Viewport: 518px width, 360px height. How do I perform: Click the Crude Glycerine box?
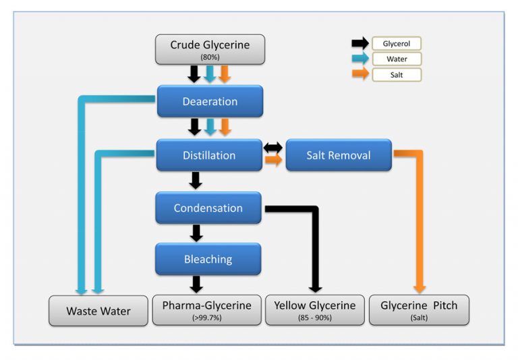pyautogui.click(x=210, y=49)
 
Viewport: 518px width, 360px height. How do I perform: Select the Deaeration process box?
pyautogui.click(x=210, y=102)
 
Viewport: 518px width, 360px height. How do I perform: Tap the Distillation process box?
pyautogui.click(x=209, y=155)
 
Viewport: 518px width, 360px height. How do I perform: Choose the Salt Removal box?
pyautogui.click(x=339, y=155)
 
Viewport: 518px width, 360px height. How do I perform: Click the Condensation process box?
pyautogui.click(x=208, y=208)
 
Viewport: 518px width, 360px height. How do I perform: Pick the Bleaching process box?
pyautogui.click(x=208, y=259)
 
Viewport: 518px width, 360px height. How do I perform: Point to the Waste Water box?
pyautogui.click(x=98, y=311)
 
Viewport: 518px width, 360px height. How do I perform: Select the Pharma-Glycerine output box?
pyautogui.click(x=206, y=310)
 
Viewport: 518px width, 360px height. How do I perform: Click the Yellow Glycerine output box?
pyautogui.click(x=315, y=310)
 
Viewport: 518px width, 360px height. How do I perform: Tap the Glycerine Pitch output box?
pyautogui.click(x=419, y=310)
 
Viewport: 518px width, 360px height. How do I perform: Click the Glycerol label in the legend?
pyautogui.click(x=397, y=44)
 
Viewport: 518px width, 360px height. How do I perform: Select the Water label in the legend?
pyautogui.click(x=397, y=59)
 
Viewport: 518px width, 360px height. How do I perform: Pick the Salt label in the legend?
pyautogui.click(x=397, y=75)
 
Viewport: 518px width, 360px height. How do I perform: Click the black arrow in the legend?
pyautogui.click(x=360, y=44)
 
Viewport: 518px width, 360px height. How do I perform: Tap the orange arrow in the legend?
pyautogui.click(x=360, y=74)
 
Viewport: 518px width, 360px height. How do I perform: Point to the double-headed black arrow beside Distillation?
pyautogui.click(x=273, y=147)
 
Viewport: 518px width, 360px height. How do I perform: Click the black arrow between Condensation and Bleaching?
pyautogui.click(x=196, y=233)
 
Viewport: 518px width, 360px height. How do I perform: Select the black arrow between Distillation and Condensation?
pyautogui.click(x=196, y=181)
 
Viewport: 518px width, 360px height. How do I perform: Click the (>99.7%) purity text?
pyautogui.click(x=206, y=318)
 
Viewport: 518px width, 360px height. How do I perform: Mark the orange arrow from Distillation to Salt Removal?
pyautogui.click(x=273, y=161)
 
